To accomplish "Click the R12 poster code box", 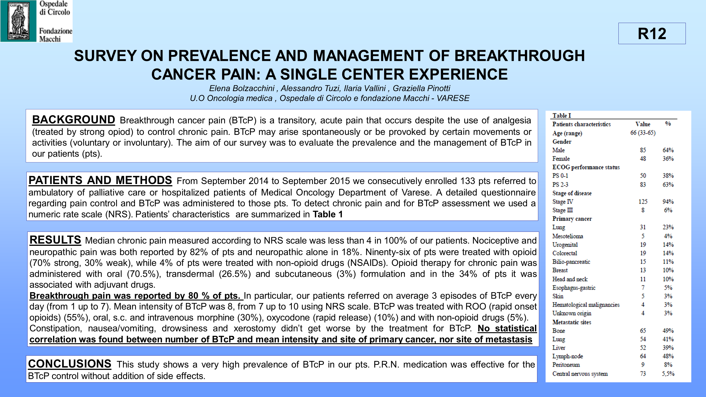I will pos(652,33).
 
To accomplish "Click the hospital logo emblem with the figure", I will pos(18,21).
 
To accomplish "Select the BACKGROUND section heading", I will pos(74,120).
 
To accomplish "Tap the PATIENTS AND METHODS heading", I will pos(100,180).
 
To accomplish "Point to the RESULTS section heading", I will pos(55,240).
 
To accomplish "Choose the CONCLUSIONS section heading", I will pos(70,364).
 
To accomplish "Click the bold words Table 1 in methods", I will pos(327,214).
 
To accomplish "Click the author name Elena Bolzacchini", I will pos(242,88).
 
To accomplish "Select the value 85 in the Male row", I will pos(643,150).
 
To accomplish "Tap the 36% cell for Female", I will pos(668,159).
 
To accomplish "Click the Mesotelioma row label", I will pos(567,236).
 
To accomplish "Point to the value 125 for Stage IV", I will pos(643,202).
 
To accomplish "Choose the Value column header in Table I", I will pos(643,124).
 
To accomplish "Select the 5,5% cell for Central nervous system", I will pos(668,374).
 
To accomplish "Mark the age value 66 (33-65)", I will pos(643,133).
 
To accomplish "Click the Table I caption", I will pos(562,116).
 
